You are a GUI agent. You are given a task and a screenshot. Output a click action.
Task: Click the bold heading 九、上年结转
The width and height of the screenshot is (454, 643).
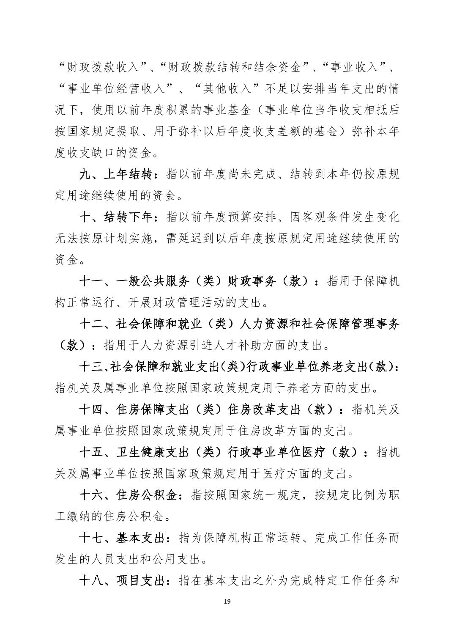(x=117, y=174)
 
